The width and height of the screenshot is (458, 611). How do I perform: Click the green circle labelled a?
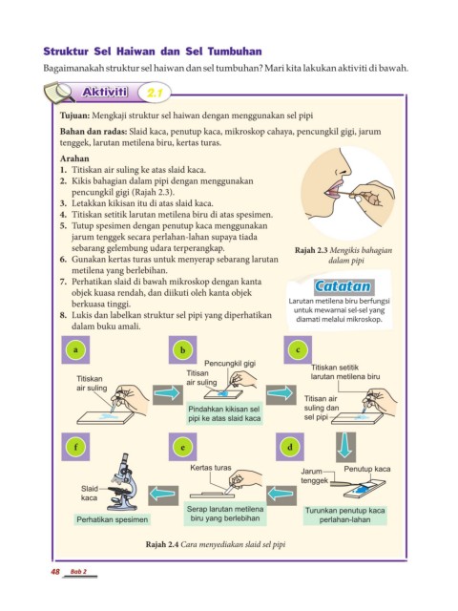point(75,350)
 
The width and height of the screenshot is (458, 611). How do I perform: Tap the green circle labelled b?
point(182,350)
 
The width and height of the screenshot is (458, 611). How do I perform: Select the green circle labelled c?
point(298,350)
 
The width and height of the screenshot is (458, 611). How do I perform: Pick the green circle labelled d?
point(290,447)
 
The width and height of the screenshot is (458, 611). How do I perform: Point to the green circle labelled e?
point(182,447)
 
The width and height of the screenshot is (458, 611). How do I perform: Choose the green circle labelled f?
point(75,447)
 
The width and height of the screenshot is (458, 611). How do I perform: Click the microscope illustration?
point(123,482)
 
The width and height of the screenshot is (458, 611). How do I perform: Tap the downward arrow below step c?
point(345,447)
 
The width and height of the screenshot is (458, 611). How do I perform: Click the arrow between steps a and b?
point(168,393)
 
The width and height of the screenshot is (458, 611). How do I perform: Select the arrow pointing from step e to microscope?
point(163,495)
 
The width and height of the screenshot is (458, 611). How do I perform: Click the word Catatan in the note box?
point(343,286)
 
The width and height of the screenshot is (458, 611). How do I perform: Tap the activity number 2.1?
point(154,93)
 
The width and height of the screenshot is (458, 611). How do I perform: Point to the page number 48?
point(55,572)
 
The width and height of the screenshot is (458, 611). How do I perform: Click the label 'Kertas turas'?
point(211,468)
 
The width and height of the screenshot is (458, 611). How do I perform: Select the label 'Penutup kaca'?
point(366,469)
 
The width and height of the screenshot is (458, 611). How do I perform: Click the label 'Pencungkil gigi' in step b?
point(230,364)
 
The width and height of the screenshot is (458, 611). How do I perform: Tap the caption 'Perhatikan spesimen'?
point(113,519)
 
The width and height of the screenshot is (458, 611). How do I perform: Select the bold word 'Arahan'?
point(74,158)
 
